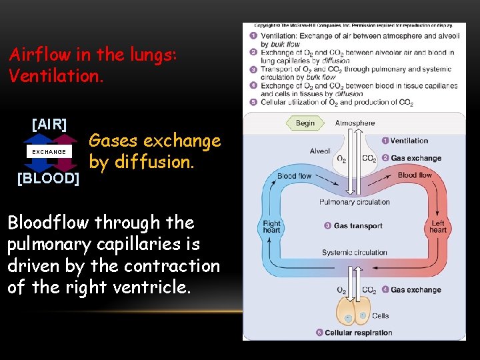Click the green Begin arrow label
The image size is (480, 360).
tap(305, 123)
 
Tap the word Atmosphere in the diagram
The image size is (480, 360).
tap(355, 123)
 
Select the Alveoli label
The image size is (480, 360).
tap(321, 151)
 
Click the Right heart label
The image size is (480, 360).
tap(272, 227)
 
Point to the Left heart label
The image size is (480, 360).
tap(438, 227)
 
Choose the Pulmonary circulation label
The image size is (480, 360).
tap(355, 202)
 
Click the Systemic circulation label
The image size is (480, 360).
tap(355, 253)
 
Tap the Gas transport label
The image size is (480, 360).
tap(358, 226)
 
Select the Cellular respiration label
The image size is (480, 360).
tap(358, 333)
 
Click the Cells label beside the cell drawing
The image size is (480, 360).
tap(381, 316)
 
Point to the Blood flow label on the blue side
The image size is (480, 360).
tap(294, 176)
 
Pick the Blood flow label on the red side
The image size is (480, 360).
tap(415, 175)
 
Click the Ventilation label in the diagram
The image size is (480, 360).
tap(409, 141)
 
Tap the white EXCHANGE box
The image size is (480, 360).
tap(49, 152)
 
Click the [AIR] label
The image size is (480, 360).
tap(49, 124)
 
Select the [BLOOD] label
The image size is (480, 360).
tap(48, 179)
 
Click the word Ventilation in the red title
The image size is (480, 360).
tap(56, 76)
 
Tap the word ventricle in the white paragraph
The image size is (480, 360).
tap(157, 288)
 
